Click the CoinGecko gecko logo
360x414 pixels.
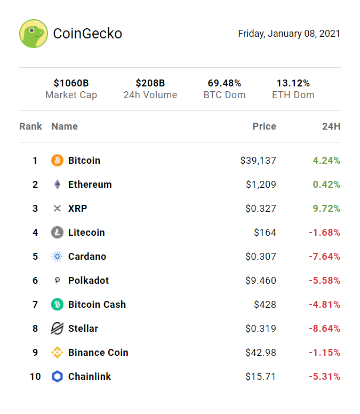[34, 34]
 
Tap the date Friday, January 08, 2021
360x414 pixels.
[289, 34]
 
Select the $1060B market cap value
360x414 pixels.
[71, 83]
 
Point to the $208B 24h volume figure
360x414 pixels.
[150, 83]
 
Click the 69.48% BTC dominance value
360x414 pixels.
[225, 83]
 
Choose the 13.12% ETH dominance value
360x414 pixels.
[293, 83]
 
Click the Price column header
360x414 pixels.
[265, 126]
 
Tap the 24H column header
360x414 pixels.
[331, 126]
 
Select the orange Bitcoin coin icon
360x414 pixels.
[57, 161]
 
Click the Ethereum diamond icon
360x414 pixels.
[57, 185]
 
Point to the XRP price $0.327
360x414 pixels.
[261, 209]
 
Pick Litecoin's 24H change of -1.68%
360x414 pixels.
[324, 233]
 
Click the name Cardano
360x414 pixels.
[87, 257]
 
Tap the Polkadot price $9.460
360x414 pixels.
[261, 281]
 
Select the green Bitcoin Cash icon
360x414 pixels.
[57, 305]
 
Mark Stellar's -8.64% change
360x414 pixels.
[324, 329]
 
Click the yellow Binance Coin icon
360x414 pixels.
[57, 353]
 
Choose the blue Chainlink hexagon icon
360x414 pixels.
[57, 377]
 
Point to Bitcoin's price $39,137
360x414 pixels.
[258, 161]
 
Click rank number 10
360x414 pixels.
[35, 377]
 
